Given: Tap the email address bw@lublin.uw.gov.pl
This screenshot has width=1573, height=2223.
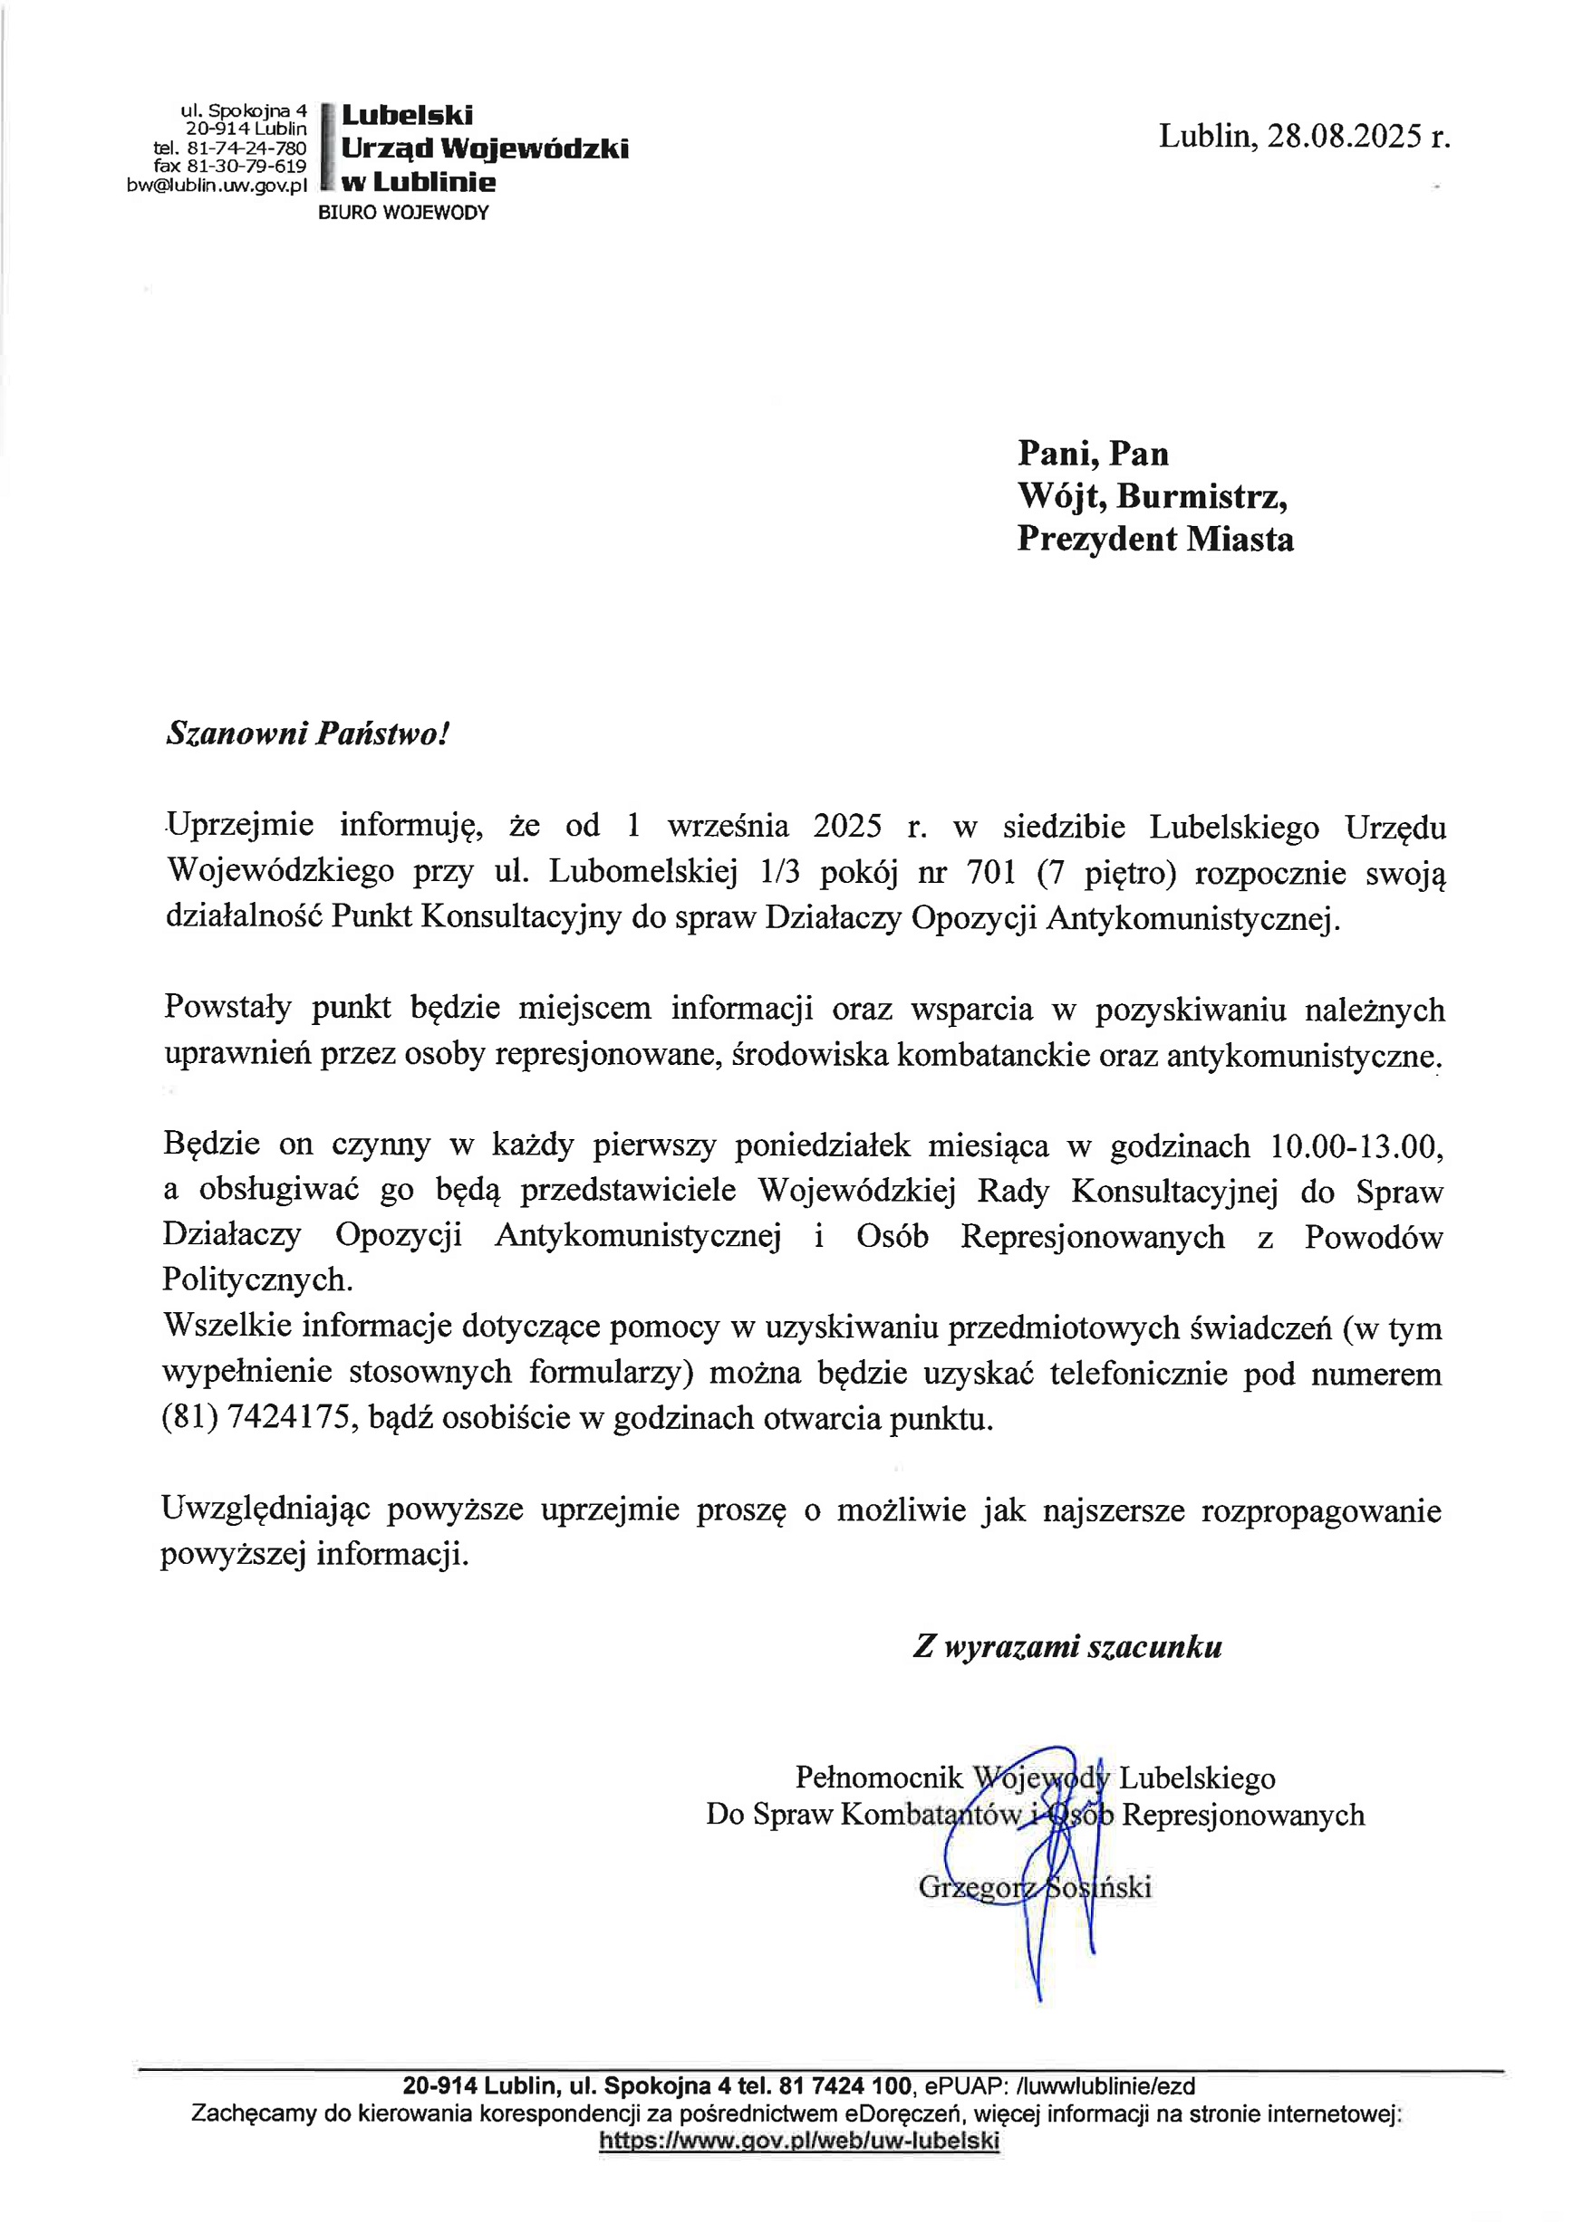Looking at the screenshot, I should coord(217,184).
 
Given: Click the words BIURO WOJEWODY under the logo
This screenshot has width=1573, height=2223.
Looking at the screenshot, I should coord(404,213).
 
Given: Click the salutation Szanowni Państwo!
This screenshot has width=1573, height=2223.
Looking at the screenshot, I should coord(308,733).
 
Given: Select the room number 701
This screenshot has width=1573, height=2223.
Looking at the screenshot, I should coord(991,872).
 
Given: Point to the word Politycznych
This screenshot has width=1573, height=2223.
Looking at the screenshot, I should coord(257,1280).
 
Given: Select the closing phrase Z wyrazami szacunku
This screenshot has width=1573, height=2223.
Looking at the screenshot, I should coord(1067,1646).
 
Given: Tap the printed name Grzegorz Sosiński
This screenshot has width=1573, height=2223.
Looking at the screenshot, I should coord(1035,1886).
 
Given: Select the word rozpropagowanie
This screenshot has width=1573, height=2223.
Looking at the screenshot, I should coord(1321,1511).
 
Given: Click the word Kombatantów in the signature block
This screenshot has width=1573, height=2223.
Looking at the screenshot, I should coord(931,1814).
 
